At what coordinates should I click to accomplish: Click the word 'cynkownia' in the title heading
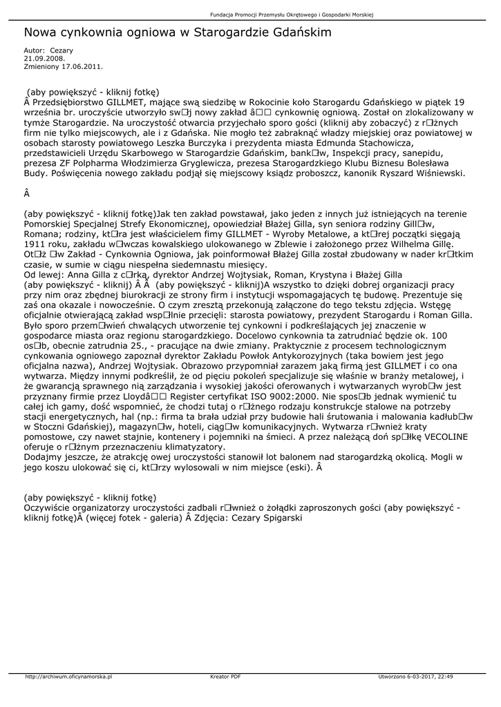(x=97, y=32)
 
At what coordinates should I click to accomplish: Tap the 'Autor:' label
(x=34, y=50)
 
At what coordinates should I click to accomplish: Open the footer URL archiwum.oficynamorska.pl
(x=68, y=677)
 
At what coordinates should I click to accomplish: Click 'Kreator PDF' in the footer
(x=225, y=677)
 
